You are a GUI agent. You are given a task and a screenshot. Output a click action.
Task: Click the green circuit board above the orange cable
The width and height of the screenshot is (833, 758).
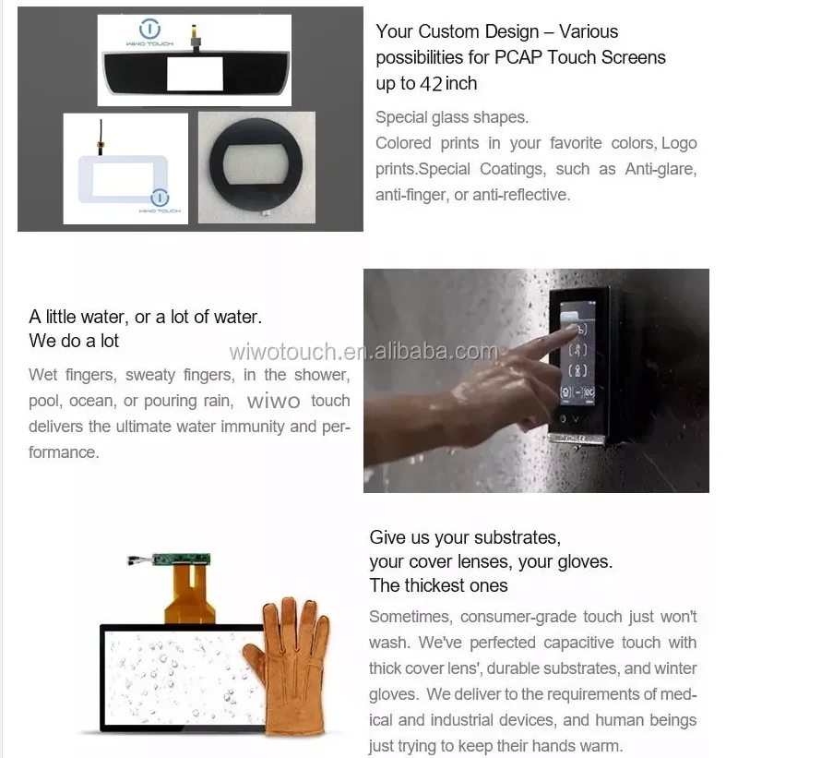(x=181, y=559)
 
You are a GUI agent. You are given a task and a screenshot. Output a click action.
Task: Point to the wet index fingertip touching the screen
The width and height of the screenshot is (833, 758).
(x=572, y=329)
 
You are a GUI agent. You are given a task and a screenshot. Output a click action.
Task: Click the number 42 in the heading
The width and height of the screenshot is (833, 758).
(x=431, y=84)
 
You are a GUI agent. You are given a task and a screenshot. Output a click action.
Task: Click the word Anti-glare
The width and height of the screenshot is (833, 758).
(x=660, y=169)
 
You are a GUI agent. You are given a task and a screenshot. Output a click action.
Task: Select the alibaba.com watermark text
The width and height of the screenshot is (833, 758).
(x=363, y=352)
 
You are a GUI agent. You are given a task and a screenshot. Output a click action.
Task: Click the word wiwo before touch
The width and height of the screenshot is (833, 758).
(x=273, y=401)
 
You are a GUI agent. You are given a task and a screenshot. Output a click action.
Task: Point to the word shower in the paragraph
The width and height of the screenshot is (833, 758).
(x=322, y=375)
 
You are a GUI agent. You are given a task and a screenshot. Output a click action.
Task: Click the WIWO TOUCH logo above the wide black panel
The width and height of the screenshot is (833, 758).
(x=149, y=33)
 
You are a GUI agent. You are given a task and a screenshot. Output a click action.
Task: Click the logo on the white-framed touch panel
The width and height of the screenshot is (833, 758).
(x=160, y=201)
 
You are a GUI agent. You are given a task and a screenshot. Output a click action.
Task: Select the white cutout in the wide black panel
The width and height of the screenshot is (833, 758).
(x=195, y=73)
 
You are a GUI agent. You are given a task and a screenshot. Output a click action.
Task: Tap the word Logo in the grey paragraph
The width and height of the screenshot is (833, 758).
(x=679, y=143)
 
